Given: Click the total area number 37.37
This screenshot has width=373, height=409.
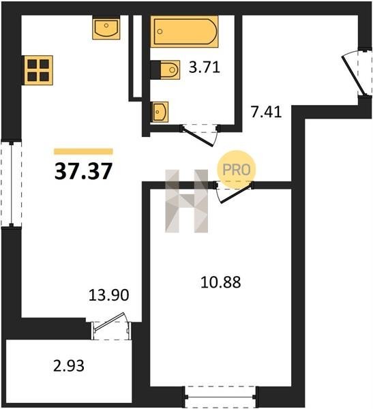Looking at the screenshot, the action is pos(83,171).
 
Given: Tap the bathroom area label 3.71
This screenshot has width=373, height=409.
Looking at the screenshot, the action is pos(205,67).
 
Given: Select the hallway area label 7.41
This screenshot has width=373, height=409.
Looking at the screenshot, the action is pos(266,112).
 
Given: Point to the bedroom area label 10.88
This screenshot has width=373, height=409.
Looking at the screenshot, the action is pos(220,282).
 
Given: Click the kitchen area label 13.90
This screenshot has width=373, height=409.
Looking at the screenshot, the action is pos(109,296).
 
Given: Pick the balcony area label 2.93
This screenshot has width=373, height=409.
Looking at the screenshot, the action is pos(69,365).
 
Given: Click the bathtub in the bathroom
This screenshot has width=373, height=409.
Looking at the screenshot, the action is pos(184,31).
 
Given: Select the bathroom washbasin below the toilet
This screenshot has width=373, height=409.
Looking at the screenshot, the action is pos(160,112).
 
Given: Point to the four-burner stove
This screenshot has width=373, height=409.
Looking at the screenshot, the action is pos(39,70).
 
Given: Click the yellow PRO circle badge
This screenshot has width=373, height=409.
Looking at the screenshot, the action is pos(237,170).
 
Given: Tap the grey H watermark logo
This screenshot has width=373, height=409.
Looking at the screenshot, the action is pos(186,201).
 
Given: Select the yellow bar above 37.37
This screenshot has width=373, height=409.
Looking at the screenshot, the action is pos(83,151).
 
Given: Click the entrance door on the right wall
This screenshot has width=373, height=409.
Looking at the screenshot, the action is pos(357,72).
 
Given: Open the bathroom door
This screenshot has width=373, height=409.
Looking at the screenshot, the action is pos(200,135).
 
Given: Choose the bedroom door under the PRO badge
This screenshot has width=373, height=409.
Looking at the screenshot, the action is pos(233,192).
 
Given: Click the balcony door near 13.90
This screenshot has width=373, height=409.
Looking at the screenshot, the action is pos(111,326).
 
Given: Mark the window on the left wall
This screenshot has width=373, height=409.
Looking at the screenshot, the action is pos(11,184).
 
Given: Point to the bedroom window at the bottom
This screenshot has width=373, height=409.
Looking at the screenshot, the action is pos(220,397).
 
